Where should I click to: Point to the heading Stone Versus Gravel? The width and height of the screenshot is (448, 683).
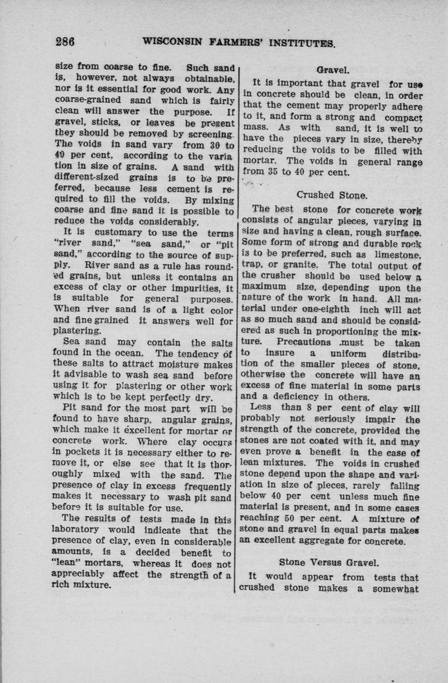(329, 562)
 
